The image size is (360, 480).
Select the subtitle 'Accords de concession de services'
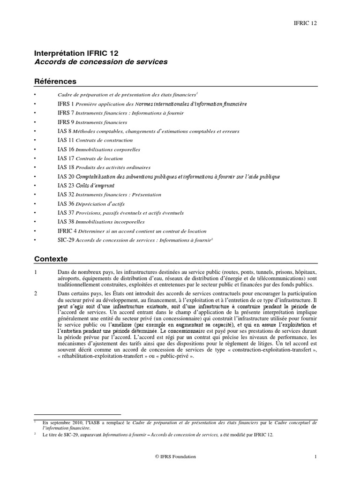coord(101,62)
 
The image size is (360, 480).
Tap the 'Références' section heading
coord(55,82)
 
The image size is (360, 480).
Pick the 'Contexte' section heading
coord(51,258)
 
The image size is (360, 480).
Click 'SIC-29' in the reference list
coord(66,240)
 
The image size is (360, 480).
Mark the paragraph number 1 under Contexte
coord(36,272)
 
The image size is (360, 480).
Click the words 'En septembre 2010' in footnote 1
coord(60,422)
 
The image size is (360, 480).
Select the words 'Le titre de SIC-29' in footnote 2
coord(61,435)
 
